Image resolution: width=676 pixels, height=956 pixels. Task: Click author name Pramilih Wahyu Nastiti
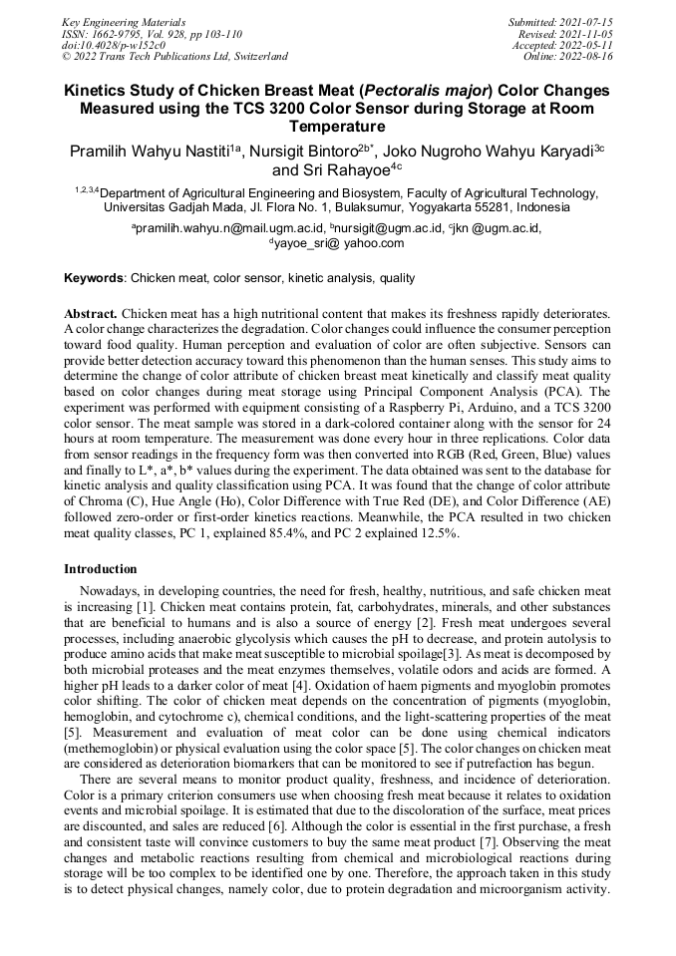point(150,152)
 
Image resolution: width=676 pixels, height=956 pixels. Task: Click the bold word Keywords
point(95,278)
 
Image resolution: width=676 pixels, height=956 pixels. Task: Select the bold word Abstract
point(91,313)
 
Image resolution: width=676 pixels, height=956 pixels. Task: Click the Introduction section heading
point(101,569)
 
